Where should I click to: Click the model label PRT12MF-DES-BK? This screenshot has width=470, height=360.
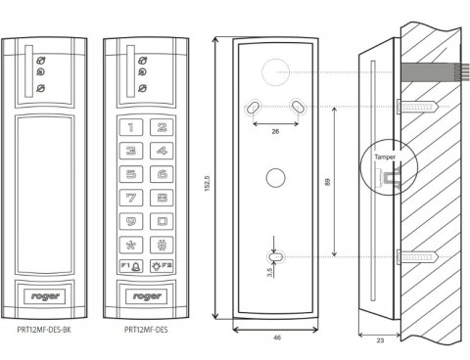[44, 330]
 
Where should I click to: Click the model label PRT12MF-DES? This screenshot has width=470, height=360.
[146, 330]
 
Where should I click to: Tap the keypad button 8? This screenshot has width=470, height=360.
[162, 198]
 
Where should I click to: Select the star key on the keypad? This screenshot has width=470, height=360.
[131, 245]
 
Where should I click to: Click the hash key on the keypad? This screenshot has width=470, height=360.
[162, 245]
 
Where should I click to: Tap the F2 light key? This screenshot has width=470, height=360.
[162, 266]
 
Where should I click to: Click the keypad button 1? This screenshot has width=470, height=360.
[131, 127]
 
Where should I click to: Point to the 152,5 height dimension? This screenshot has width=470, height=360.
[207, 184]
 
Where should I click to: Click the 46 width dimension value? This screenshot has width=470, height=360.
[277, 337]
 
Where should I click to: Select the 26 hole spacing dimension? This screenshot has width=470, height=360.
[275, 131]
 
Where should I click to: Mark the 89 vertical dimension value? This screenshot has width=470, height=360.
[328, 182]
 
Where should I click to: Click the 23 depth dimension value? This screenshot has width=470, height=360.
[380, 340]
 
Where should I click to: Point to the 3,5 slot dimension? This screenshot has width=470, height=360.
[269, 273]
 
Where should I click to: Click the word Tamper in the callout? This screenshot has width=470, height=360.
[385, 157]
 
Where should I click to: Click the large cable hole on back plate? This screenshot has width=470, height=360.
[276, 72]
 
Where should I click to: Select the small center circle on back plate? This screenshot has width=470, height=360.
[276, 178]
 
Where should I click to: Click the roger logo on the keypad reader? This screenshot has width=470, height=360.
[147, 296]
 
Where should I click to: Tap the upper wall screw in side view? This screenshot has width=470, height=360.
[417, 107]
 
